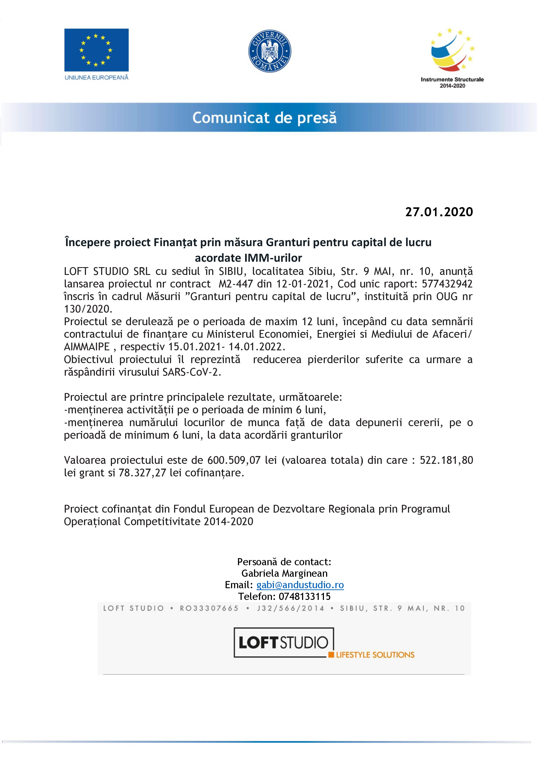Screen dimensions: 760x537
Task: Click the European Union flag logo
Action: [96, 50]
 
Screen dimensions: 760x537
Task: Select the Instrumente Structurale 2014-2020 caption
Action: [452, 82]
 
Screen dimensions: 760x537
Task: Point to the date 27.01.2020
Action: [439, 212]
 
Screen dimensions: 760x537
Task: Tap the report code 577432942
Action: [447, 284]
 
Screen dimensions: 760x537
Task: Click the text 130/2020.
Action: [88, 309]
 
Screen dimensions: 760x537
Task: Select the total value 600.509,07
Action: [234, 460]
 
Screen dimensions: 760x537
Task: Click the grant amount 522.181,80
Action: [446, 460]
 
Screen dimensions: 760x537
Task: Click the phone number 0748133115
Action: [304, 596]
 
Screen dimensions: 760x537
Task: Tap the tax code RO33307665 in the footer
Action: [209, 608]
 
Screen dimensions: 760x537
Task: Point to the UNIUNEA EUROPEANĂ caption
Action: [96, 78]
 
